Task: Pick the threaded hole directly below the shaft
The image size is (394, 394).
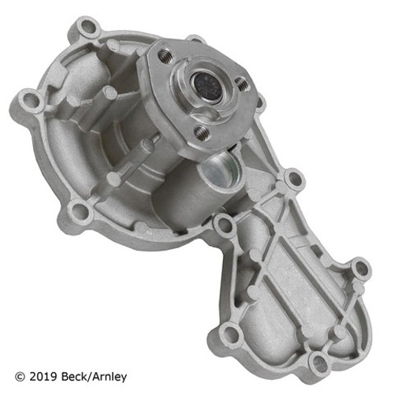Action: pyautogui.click(x=201, y=132)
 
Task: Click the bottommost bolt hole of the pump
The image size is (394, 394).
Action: pyautogui.click(x=318, y=361)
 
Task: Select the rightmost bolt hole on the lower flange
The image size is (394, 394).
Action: pyautogui.click(x=362, y=268)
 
